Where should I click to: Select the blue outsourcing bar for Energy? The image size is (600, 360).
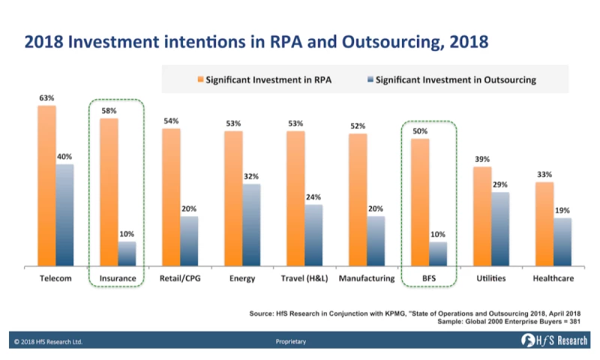click(252, 225)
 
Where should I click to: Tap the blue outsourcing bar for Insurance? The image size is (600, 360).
click(127, 253)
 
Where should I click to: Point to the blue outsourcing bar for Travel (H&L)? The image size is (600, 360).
click(314, 235)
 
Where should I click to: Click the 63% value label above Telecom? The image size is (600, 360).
click(46, 97)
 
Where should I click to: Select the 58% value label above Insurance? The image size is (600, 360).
click(109, 111)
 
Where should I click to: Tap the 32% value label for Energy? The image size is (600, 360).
click(252, 176)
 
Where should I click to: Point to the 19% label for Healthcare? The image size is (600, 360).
click(562, 211)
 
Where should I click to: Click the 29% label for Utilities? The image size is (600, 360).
click(500, 184)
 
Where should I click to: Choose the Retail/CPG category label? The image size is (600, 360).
click(180, 279)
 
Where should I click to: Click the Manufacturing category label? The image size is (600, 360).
click(367, 279)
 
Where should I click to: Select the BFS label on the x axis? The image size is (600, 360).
click(429, 279)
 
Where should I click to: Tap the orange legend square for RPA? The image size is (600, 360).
click(200, 79)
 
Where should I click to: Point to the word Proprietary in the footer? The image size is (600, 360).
click(291, 342)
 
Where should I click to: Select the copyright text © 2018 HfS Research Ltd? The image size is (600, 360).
click(49, 342)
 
